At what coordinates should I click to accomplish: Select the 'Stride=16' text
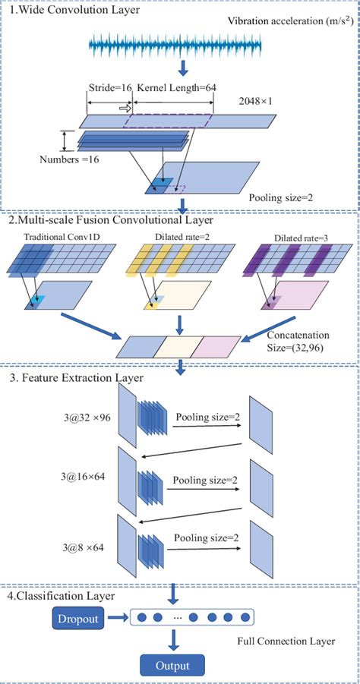click(x=109, y=88)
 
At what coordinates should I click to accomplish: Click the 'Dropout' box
click(x=77, y=619)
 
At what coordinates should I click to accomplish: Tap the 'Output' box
click(x=171, y=667)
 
